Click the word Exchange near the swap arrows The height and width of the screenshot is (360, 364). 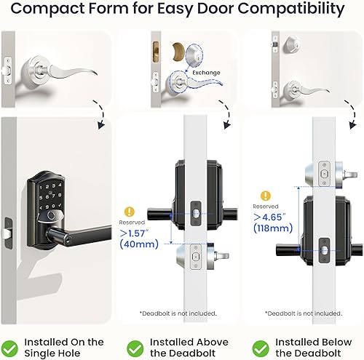[x=205, y=73]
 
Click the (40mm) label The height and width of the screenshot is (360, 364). [x=136, y=244]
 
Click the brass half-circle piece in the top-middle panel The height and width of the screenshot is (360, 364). [x=177, y=52]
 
